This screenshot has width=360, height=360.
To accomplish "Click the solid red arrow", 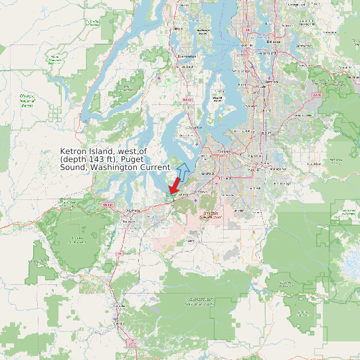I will (175, 184).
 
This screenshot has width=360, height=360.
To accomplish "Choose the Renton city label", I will (270, 82).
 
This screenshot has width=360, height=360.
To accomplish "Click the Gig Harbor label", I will (195, 128).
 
